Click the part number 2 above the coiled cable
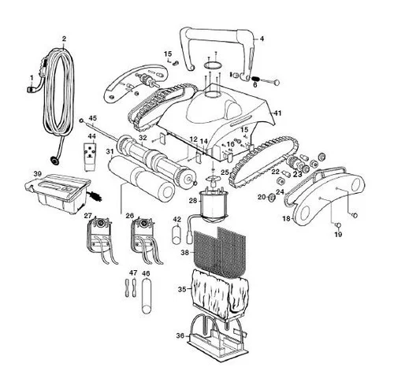tap(63, 39)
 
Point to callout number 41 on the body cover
tap(277, 113)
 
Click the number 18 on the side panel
tap(287, 217)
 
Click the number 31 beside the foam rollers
tap(110, 151)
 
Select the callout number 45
tap(93, 118)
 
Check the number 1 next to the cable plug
tap(31, 76)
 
